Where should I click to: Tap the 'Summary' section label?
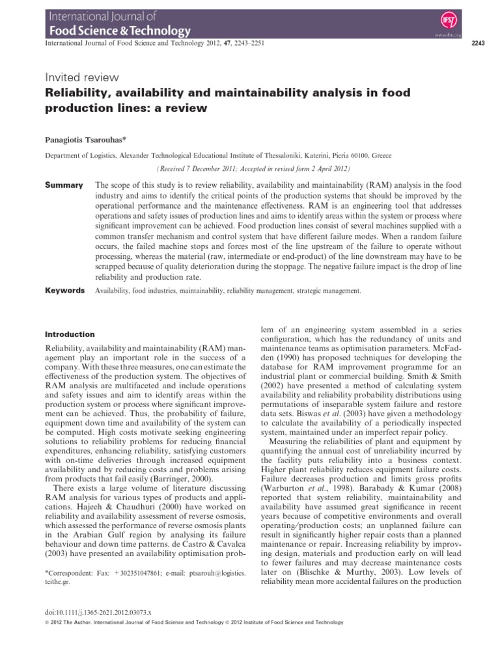[x=63, y=185]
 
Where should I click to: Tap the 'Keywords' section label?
[x=64, y=291]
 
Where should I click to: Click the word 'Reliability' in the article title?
[x=79, y=94]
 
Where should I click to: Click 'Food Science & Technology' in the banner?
[x=117, y=30]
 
